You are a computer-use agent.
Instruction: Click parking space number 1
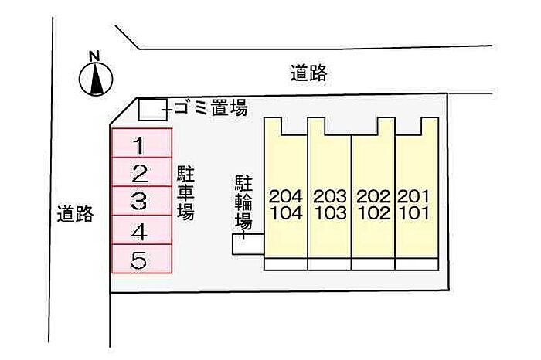[x=141, y=143]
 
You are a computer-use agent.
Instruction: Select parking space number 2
[x=141, y=172]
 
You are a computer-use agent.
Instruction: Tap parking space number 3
[x=141, y=201]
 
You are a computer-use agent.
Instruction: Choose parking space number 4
[x=141, y=230]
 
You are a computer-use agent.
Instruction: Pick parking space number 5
[x=141, y=259]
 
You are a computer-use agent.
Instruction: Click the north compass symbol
[x=96, y=79]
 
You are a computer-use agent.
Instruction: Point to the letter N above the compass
[x=94, y=56]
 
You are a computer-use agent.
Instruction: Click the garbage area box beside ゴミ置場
[x=153, y=110]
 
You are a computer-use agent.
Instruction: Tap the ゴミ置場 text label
[x=211, y=108]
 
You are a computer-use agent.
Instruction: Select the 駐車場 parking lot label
[x=185, y=193]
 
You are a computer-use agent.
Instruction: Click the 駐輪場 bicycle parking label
[x=243, y=202]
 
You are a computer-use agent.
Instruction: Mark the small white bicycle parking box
[x=248, y=244]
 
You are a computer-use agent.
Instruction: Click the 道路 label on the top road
[x=308, y=73]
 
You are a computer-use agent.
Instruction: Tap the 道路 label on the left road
[x=75, y=214]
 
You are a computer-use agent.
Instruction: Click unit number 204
[x=286, y=196]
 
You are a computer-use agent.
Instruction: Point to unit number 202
[x=373, y=196]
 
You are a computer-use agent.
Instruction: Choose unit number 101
[x=415, y=213]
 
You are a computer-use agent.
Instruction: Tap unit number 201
[x=413, y=196]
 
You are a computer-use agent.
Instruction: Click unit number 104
[x=287, y=213]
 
